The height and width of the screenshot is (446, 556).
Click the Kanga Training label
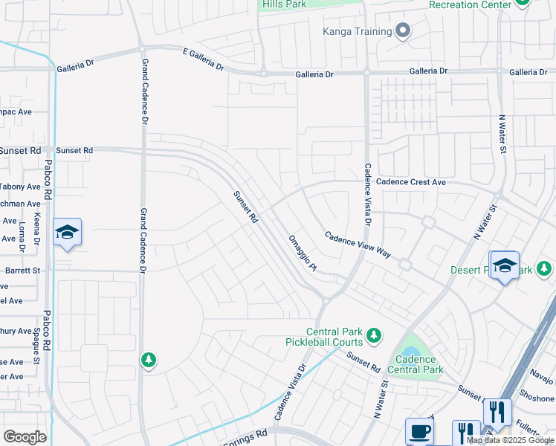pos(357,31)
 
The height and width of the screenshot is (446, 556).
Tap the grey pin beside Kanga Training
pos(403,30)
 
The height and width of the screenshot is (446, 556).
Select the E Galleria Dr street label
pos(203,59)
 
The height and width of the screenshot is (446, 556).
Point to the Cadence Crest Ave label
pos(411,182)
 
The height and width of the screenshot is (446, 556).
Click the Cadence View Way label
pos(358,243)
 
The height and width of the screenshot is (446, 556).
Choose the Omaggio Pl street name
pos(303,253)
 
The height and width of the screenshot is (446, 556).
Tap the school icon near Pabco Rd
pos(67,233)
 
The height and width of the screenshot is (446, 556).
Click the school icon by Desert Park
pos(505,265)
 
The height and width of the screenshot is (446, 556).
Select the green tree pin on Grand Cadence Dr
pos(149,361)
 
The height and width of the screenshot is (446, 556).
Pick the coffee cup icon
pos(419,431)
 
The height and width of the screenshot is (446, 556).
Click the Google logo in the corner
pos(25,437)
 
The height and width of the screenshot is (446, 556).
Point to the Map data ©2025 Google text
pos(511,440)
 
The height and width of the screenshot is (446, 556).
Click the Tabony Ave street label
pos(20,187)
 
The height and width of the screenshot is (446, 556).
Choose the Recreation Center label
pos(471,5)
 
